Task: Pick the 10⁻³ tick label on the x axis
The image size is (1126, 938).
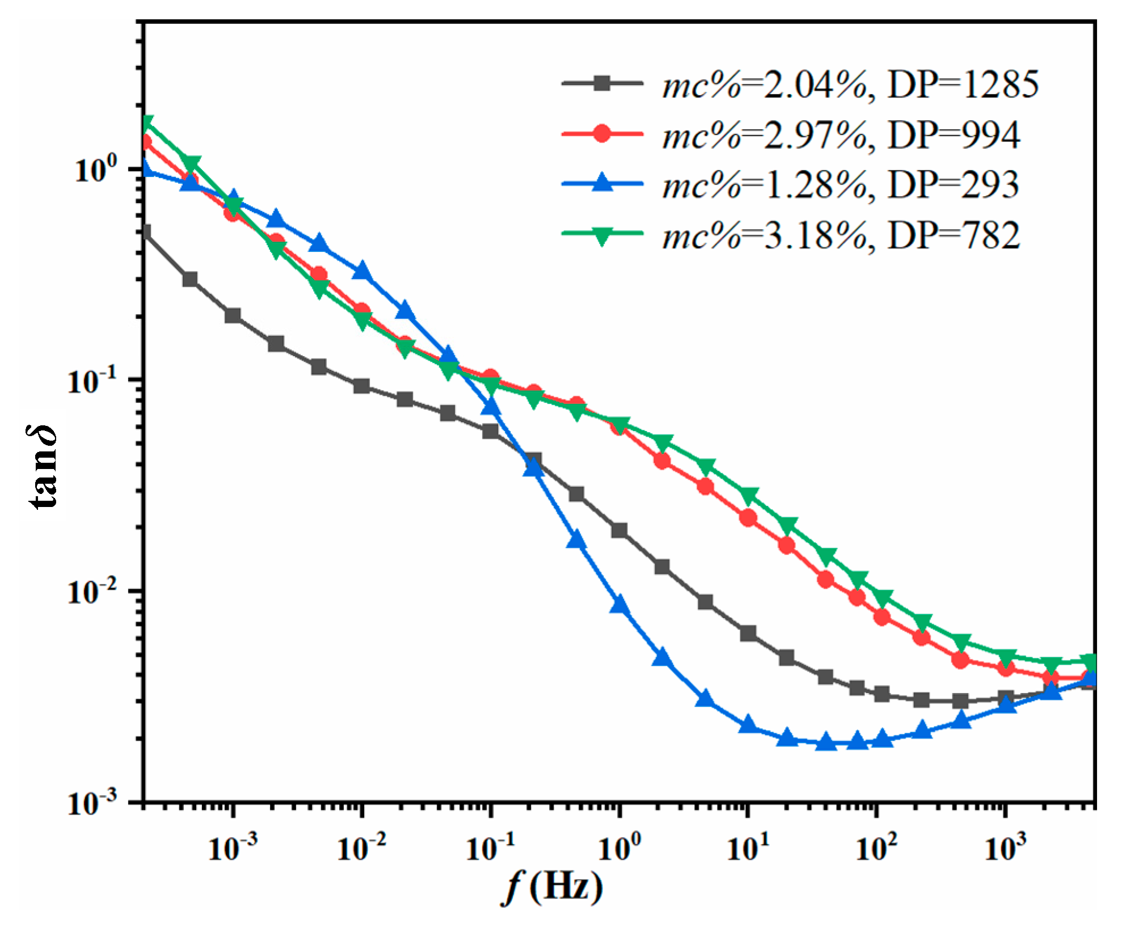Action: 233,846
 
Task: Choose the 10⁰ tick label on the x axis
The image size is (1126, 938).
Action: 619,846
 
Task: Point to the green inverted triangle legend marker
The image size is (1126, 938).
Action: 602,235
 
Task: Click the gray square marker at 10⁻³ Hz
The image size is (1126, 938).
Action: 233,315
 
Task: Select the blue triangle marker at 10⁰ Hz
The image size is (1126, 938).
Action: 619,605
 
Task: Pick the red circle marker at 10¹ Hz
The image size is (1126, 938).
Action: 748,517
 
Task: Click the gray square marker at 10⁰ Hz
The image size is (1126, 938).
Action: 619,530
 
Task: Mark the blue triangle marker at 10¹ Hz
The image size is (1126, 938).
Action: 748,724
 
